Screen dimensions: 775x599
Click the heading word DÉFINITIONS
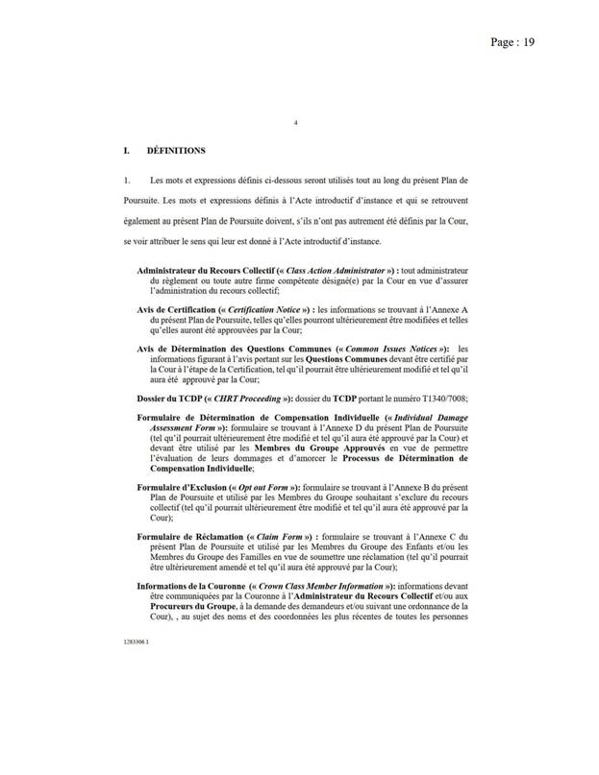click(x=175, y=151)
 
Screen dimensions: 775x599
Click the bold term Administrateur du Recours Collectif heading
click(x=205, y=272)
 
